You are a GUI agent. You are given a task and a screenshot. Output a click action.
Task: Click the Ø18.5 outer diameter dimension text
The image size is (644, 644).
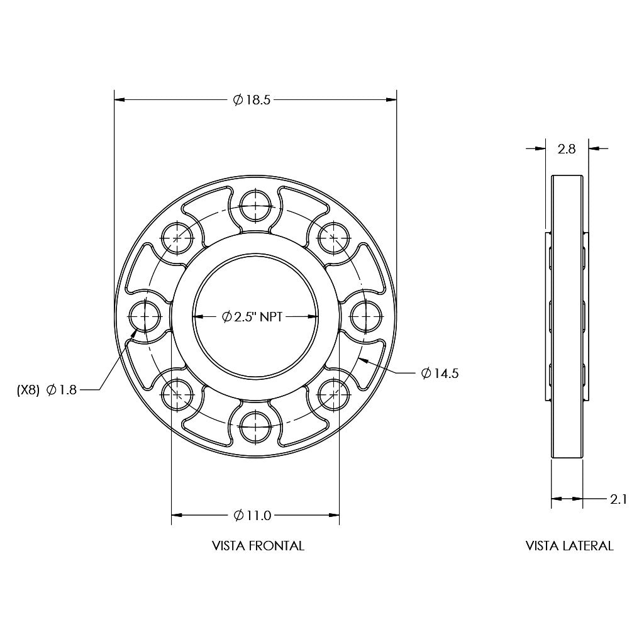click(252, 99)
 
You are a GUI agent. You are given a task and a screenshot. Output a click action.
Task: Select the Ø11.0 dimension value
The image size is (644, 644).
click(252, 516)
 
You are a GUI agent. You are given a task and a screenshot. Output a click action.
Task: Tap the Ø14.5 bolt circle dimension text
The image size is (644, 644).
click(440, 374)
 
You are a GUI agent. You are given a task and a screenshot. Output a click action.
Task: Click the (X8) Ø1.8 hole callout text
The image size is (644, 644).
click(47, 390)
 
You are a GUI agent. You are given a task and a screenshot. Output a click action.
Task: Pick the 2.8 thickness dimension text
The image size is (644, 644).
click(567, 148)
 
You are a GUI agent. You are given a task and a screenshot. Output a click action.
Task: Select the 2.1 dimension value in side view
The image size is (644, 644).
click(619, 499)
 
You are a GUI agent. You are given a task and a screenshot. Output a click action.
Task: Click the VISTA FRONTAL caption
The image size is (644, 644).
click(258, 546)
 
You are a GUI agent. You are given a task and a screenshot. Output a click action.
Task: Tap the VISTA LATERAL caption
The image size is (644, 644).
click(569, 546)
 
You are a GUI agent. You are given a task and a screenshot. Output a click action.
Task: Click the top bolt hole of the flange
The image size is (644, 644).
click(255, 206)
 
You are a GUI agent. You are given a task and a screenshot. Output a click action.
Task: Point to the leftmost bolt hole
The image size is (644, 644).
click(145, 316)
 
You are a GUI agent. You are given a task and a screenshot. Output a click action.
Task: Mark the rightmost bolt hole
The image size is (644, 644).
click(366, 316)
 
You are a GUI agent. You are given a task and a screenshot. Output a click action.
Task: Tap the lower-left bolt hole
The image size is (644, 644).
click(177, 394)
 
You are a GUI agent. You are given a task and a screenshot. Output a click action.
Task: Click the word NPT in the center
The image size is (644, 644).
click(271, 317)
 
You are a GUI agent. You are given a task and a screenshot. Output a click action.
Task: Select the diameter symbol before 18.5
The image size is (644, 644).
click(238, 99)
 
